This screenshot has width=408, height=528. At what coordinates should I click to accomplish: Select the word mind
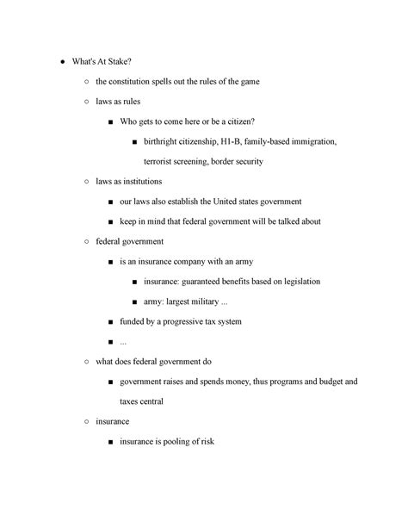pos(169,221)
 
